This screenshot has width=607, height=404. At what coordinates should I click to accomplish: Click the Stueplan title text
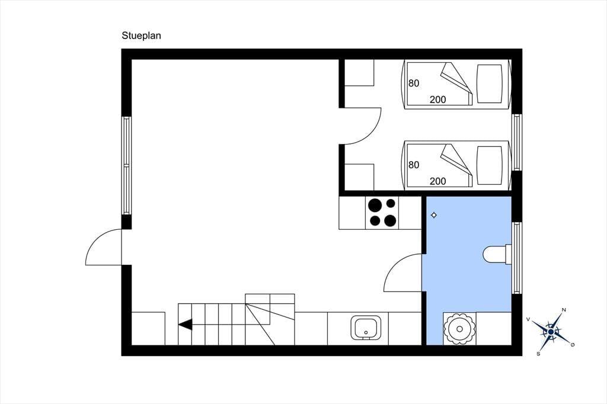[141, 36]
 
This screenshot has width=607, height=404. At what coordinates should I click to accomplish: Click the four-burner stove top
[382, 213]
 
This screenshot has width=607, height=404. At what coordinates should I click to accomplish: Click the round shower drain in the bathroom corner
[459, 329]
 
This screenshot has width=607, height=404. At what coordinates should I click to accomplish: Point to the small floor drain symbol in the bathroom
[434, 215]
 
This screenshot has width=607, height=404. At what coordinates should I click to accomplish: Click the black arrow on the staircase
[186, 324]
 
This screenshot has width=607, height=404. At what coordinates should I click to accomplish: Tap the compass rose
[551, 332]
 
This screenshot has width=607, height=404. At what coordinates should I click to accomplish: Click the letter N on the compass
[564, 310]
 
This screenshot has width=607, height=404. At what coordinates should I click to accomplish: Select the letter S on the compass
[538, 354]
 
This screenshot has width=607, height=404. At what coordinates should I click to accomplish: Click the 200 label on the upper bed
[438, 100]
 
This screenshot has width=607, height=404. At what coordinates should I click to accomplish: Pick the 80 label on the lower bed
[414, 165]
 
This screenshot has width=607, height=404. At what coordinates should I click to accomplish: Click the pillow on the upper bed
[489, 84]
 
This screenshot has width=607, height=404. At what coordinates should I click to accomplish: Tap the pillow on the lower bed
[489, 165]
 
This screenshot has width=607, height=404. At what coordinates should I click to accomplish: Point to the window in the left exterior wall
[127, 165]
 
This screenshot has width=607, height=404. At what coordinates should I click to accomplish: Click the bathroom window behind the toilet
[517, 258]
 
